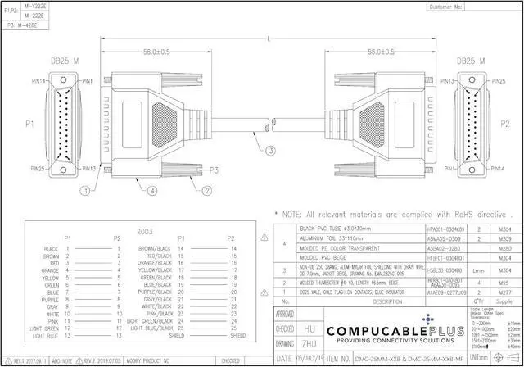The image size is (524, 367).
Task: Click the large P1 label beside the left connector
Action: [x=29, y=124]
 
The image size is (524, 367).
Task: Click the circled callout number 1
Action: [x=84, y=190]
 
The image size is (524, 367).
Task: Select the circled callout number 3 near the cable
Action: [x=270, y=150]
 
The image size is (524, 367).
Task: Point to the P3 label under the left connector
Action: [x=213, y=170]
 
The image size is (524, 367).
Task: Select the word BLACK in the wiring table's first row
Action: [x=52, y=248]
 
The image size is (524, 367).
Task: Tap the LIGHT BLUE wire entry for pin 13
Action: [x=46, y=335]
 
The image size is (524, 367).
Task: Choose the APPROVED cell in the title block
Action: [x=285, y=314]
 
